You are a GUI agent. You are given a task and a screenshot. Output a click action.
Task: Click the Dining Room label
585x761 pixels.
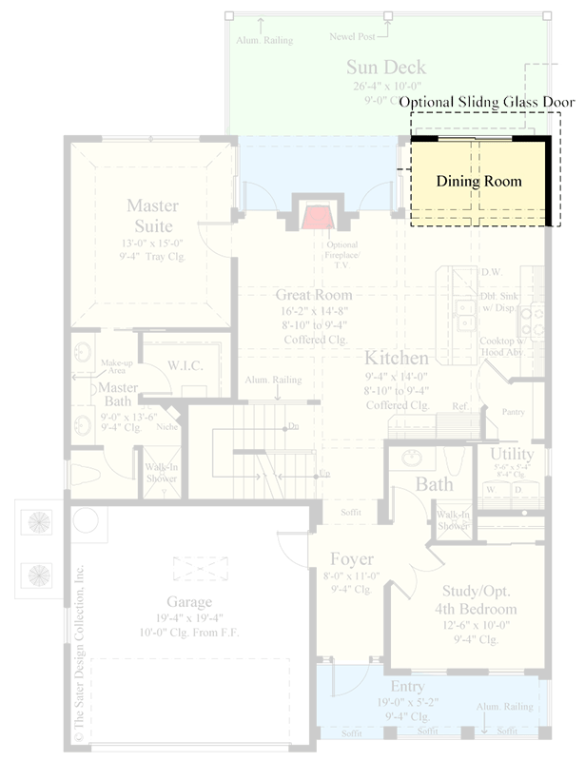coord(478,180)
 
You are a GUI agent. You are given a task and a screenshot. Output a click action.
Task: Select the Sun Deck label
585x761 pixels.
coord(385,68)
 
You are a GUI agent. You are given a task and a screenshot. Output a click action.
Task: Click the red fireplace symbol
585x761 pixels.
coord(316,217)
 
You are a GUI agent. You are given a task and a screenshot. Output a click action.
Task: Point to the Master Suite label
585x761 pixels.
coord(150,215)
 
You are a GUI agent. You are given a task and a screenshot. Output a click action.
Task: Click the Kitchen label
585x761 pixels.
coord(397,358)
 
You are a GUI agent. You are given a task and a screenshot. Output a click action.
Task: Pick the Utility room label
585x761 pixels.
coord(513,454)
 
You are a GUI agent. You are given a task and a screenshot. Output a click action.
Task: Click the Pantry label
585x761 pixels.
coord(513,412)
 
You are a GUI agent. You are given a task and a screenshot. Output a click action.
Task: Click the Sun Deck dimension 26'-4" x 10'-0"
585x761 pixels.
coord(385,86)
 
